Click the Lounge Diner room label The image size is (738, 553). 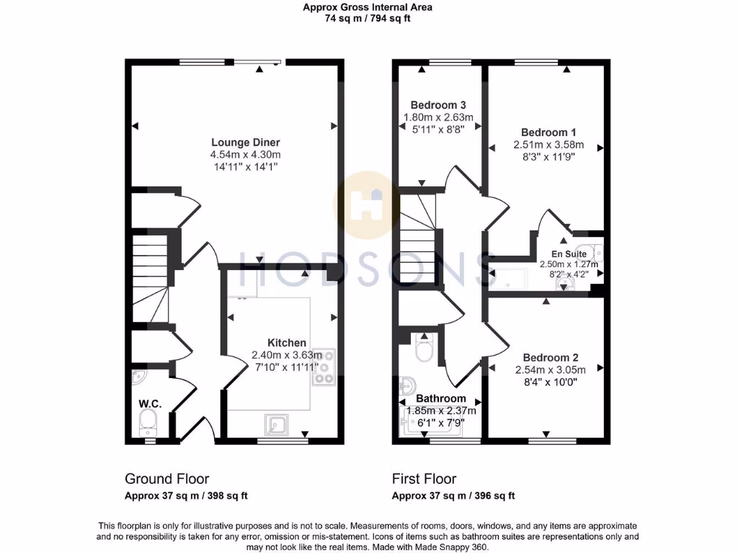[245, 142]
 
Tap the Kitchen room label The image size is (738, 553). [287, 343]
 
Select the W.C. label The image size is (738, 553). [150, 404]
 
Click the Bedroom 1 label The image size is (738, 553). [548, 132]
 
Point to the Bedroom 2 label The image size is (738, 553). [551, 358]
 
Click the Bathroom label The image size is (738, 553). [440, 398]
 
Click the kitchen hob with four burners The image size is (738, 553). [323, 368]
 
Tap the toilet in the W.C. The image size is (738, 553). [150, 423]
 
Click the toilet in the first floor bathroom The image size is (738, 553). [424, 351]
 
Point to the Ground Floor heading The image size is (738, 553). [167, 479]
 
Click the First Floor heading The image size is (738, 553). [424, 479]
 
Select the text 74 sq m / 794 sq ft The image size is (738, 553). [368, 19]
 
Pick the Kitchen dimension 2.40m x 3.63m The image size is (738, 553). [287, 355]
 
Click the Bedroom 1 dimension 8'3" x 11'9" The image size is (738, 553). [548, 157]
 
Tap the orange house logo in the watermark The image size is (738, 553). [368, 205]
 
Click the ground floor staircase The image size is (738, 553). [150, 281]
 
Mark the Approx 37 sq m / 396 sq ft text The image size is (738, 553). [453, 496]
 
